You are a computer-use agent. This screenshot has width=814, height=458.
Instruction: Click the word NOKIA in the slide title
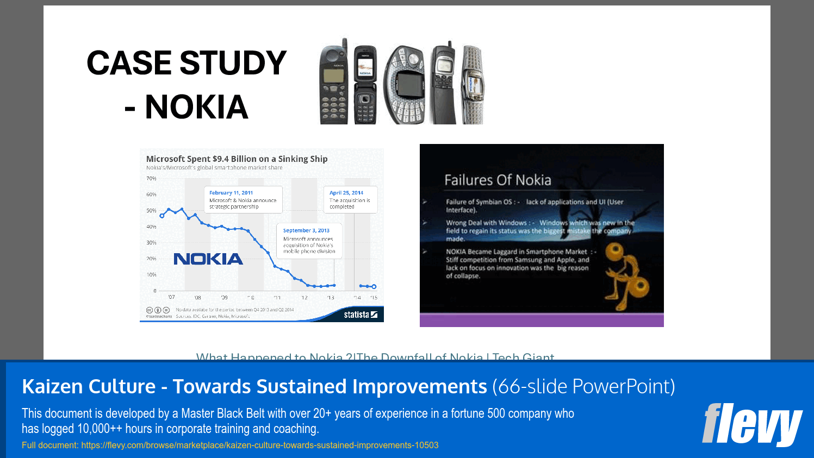point(196,107)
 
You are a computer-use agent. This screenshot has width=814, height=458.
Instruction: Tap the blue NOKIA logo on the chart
point(208,259)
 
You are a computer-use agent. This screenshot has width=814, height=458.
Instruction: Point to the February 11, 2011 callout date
point(231,193)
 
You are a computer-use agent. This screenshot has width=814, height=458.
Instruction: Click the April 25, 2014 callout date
point(346,193)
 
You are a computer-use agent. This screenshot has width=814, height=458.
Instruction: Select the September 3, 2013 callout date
point(306,230)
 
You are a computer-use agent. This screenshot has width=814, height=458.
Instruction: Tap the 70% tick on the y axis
point(151,178)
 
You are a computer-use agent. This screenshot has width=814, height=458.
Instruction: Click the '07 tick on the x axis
point(171,297)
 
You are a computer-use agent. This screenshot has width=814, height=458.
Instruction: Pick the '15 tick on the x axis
point(374,298)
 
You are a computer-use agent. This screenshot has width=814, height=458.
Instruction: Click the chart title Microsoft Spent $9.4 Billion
point(237,159)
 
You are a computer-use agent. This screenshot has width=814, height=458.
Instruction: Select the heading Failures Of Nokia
point(498,180)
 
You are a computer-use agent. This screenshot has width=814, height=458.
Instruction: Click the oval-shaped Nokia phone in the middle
point(405,85)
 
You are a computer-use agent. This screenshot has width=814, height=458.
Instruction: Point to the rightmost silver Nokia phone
point(472,85)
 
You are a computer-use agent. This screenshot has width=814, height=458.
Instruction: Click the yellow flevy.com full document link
point(230,445)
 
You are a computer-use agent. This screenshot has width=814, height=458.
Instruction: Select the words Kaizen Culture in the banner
point(89,386)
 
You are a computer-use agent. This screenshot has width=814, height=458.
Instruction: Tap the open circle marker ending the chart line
point(374,286)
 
